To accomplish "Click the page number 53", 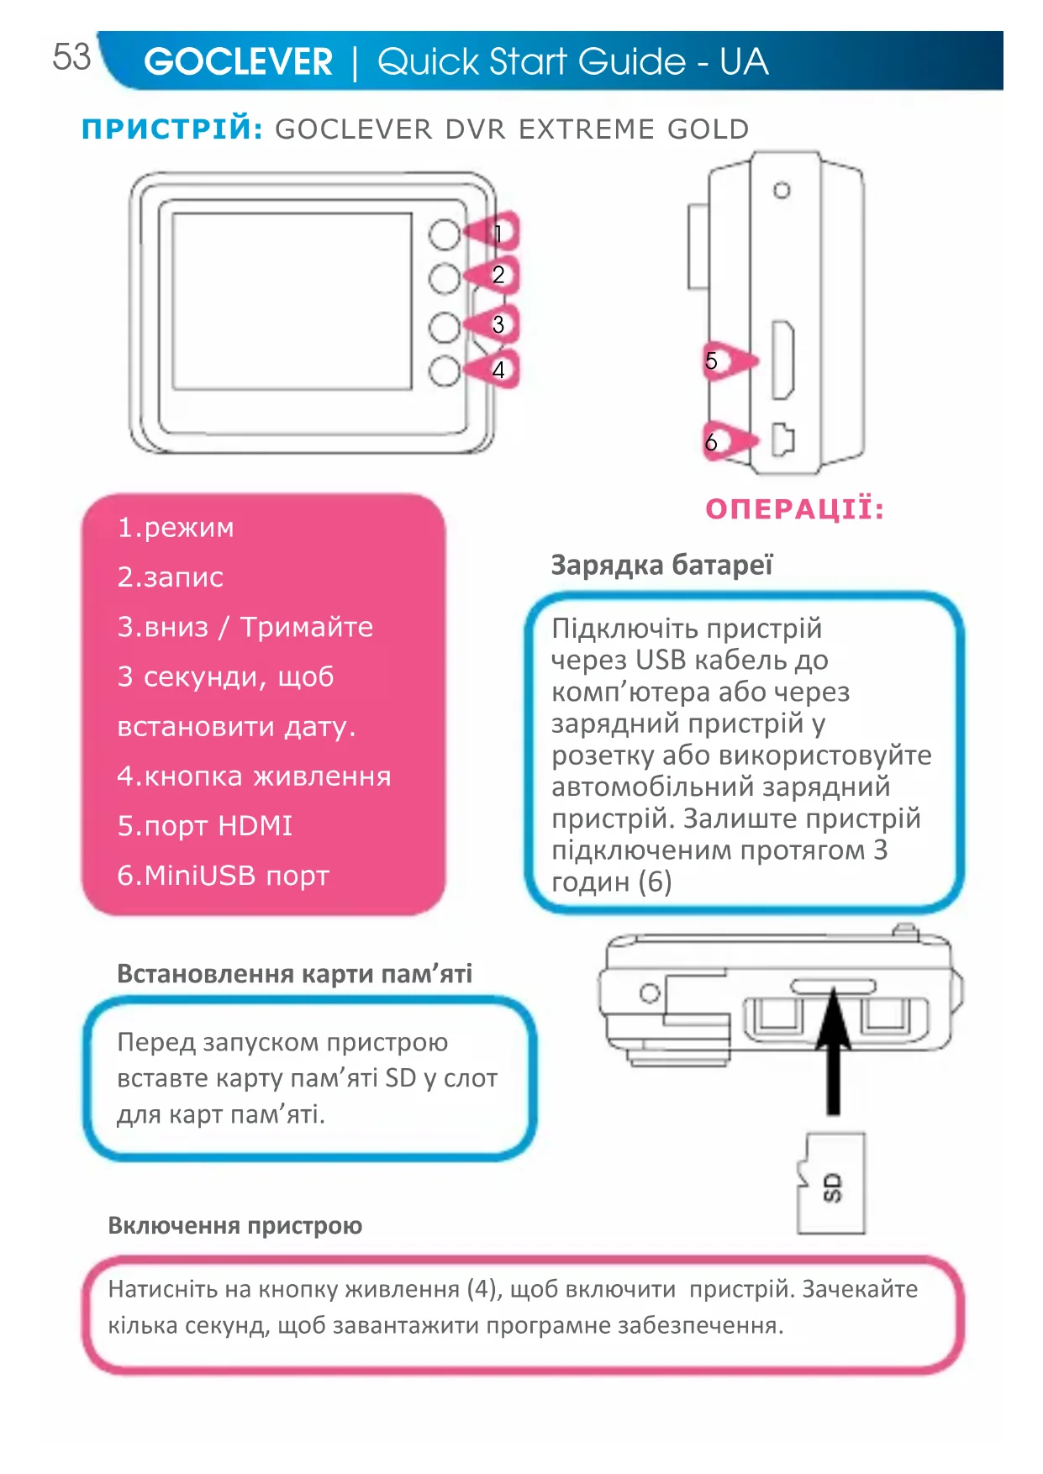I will coord(71,57).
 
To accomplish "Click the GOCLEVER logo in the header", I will coord(239,62).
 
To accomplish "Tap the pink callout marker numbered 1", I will coord(495,233).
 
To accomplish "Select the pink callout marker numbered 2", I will coord(495,275).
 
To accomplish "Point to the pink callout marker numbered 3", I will coord(495,324).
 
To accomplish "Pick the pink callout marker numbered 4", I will coord(495,370).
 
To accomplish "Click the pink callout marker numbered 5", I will coord(724,361).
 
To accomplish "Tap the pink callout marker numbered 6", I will coord(724,442).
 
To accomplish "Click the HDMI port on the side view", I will coord(782,361).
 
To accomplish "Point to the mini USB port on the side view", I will coord(782,440).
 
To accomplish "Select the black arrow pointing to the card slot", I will coord(833,1050).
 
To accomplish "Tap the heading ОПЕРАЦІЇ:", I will coord(794,509).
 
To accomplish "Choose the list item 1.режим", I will coord(176,528).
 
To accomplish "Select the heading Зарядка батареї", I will coord(661,566).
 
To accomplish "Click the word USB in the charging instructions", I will coord(661,661).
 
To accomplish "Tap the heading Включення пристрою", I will coord(234,1226).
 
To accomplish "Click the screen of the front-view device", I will coord(292,301).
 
